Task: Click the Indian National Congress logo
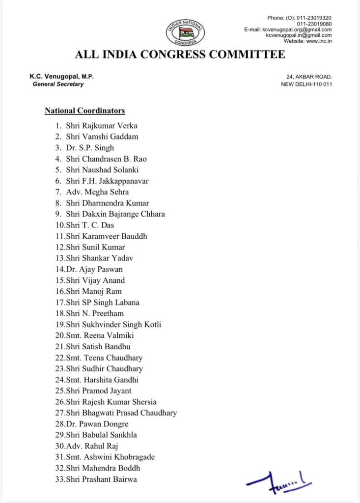tap(185, 33)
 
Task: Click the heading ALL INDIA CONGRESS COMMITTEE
tap(180, 55)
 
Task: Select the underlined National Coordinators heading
tap(85, 111)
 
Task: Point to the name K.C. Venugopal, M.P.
tap(61, 77)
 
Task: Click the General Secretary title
tap(58, 84)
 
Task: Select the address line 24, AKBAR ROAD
tap(309, 77)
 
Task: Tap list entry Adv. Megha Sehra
tap(97, 192)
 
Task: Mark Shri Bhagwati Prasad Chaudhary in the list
tap(121, 413)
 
